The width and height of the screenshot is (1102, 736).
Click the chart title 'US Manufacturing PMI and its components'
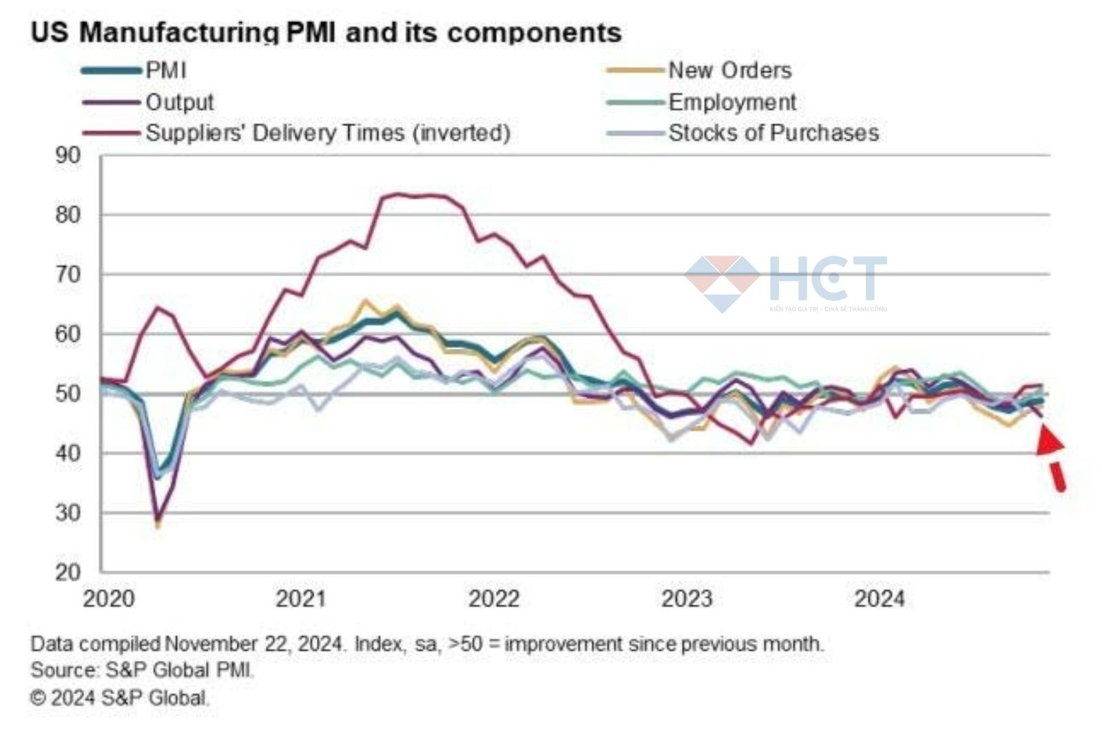[326, 32]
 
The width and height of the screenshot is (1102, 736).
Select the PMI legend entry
[165, 70]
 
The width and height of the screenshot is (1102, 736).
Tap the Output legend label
[179, 102]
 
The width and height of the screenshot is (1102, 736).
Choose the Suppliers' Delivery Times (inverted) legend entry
[328, 132]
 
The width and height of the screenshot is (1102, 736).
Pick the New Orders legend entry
[729, 70]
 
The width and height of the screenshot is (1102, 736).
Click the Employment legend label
[731, 102]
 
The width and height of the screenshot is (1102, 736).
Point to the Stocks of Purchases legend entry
[773, 132]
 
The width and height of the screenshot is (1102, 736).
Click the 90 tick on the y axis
[67, 156]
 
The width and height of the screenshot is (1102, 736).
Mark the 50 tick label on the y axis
[67, 393]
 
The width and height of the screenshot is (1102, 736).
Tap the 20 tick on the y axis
[67, 572]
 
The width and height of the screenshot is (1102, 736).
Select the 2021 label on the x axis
[300, 598]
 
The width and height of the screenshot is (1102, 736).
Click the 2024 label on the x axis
[879, 598]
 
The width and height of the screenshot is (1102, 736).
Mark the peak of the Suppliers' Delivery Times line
[396, 194]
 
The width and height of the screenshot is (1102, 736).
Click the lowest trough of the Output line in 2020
[158, 521]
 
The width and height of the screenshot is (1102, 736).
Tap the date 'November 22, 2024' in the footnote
[253, 644]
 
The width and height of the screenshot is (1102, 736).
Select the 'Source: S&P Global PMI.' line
[142, 670]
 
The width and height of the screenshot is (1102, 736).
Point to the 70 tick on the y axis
[67, 274]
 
